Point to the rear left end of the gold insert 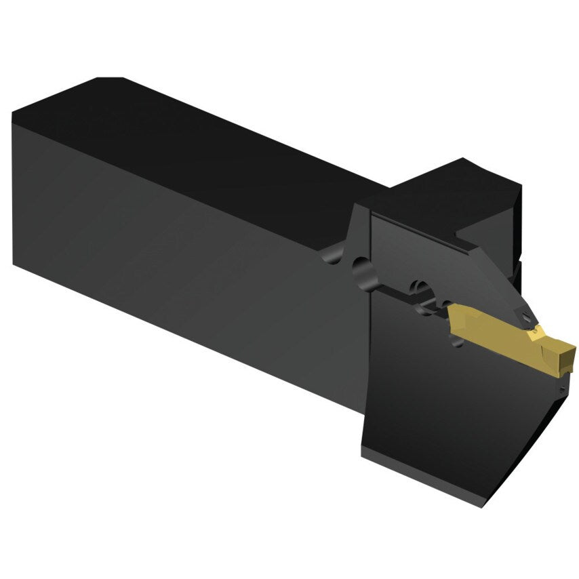tap(450, 317)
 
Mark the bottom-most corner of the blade tap(483, 506)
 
